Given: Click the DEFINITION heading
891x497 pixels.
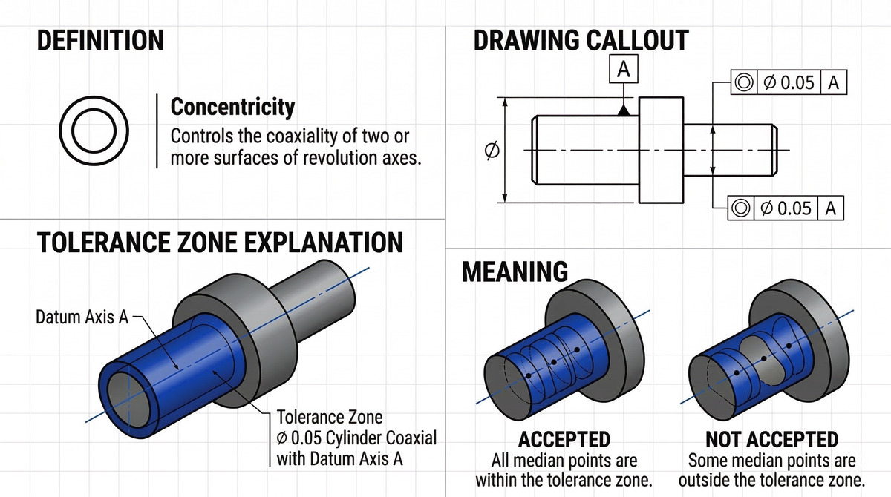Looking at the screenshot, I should (99, 42).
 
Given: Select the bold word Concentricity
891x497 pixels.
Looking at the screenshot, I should (232, 107).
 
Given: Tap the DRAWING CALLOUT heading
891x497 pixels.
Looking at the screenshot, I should (581, 41).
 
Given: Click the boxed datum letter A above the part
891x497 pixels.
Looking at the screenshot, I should (624, 70).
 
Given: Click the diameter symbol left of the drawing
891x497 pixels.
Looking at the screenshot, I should (491, 151).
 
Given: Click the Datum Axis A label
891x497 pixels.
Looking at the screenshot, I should (82, 317).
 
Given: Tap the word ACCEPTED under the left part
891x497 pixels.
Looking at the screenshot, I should (564, 440).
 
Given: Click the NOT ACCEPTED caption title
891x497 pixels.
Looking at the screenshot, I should (771, 440).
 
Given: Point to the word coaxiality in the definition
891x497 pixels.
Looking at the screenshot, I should (305, 137).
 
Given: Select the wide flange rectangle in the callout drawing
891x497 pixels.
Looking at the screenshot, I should (660, 150).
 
